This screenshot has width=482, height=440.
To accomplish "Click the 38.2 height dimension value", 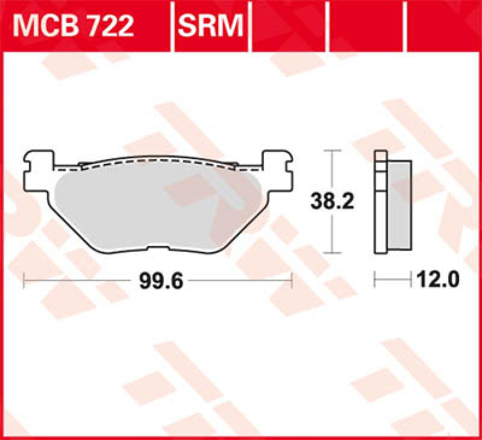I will [x=331, y=201].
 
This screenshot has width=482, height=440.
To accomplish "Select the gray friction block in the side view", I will [x=399, y=205].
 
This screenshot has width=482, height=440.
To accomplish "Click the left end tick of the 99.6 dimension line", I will [x=23, y=280].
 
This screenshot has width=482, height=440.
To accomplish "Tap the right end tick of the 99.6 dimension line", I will [x=292, y=280].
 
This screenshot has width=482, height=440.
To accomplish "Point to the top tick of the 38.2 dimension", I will [x=331, y=150].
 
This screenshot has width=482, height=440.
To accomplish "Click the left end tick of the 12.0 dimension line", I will [x=375, y=280].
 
